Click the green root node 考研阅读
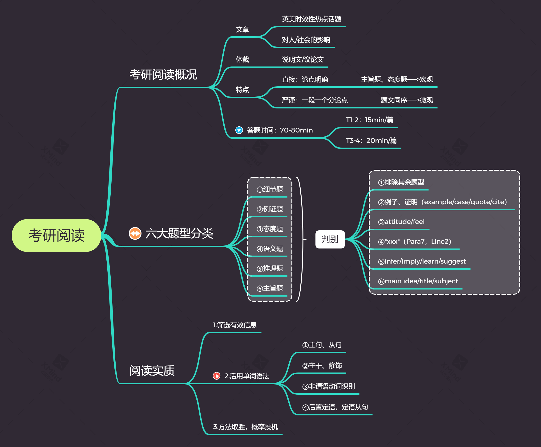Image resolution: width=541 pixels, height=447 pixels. pos(56,235)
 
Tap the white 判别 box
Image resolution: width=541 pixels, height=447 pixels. pos(330,239)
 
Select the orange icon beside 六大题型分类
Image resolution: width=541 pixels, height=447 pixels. pos(135,233)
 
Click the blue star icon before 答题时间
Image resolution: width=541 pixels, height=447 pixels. pos(239,130)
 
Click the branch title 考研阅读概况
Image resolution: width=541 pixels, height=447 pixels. pos(163,75)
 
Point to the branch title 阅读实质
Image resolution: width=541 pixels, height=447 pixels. pos(152,371)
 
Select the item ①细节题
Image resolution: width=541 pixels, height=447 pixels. pos(270,189)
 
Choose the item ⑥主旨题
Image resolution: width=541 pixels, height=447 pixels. pos(270,288)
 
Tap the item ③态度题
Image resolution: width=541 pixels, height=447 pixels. pos(270,229)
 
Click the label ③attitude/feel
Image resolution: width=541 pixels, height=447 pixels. pos(401,221)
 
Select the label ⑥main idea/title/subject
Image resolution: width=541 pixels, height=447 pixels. pos(418,281)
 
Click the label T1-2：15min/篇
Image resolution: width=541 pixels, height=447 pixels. pos(369,120)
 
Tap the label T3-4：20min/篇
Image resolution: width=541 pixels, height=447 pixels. pos(371,140)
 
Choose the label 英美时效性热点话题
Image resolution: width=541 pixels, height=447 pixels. pos(311,19)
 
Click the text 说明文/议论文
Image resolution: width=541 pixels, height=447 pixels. pos(303,59)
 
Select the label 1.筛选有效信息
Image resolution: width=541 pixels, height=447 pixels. pos(235,325)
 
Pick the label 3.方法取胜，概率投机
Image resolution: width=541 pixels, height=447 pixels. pos(245,427)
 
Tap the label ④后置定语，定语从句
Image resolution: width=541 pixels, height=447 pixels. pos(335,407)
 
